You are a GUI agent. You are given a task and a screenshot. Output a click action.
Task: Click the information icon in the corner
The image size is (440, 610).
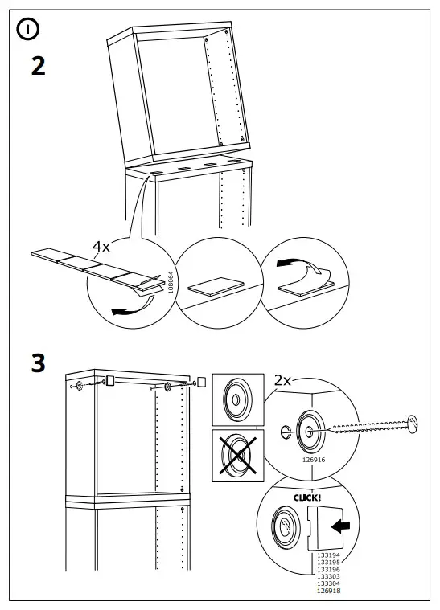point(27,29)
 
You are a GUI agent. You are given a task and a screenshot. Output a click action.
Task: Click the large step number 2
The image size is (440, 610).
point(38,66)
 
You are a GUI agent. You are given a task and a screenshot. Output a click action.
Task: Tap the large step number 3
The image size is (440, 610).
point(38,363)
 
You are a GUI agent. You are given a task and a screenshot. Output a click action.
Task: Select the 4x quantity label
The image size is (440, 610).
point(101,246)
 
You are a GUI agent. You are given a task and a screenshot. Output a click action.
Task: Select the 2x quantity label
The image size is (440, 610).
point(282,380)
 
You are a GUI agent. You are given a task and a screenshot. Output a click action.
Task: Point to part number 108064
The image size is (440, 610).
point(171,282)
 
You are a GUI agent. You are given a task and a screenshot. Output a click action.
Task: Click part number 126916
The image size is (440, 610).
point(314,460)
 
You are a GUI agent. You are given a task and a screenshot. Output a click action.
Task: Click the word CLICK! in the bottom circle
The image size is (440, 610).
point(307,497)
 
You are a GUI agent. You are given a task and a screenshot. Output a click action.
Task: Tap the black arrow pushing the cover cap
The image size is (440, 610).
point(340,526)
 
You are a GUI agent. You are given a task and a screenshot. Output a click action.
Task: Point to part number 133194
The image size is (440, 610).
point(328,555)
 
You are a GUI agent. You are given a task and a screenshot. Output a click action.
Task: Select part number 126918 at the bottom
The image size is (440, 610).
point(328,591)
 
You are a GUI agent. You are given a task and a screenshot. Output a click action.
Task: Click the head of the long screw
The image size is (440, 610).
point(412,423)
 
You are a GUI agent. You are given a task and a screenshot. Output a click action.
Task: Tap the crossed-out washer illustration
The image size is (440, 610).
point(238,455)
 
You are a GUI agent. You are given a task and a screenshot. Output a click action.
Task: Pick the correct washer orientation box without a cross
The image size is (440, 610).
point(238,400)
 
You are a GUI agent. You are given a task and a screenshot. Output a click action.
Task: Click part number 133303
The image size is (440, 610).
point(328,576)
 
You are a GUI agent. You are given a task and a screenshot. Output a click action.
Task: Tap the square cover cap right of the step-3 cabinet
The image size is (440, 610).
point(201,381)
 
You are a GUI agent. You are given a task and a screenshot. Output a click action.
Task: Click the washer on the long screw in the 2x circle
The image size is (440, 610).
point(310,431)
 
